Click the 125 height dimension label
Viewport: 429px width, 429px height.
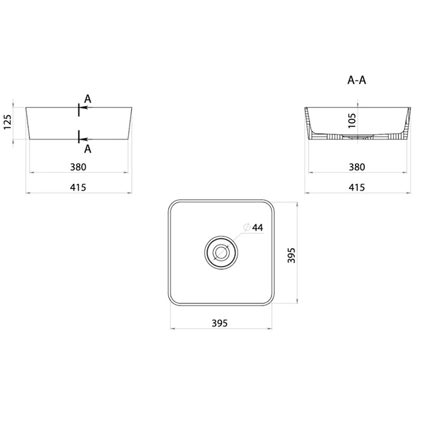(x=7, y=122)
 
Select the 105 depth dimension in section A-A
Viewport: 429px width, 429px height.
(x=352, y=121)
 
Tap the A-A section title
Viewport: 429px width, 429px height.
(x=357, y=80)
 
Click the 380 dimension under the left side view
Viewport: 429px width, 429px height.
(x=78, y=167)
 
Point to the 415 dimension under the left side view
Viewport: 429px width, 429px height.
(x=78, y=188)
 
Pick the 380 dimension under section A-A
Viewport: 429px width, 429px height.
(x=357, y=167)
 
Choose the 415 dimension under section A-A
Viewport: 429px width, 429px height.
(x=357, y=188)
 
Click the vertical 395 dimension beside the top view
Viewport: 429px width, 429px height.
(x=291, y=256)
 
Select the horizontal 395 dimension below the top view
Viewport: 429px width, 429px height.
(x=219, y=323)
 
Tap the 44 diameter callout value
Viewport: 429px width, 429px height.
(x=257, y=227)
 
